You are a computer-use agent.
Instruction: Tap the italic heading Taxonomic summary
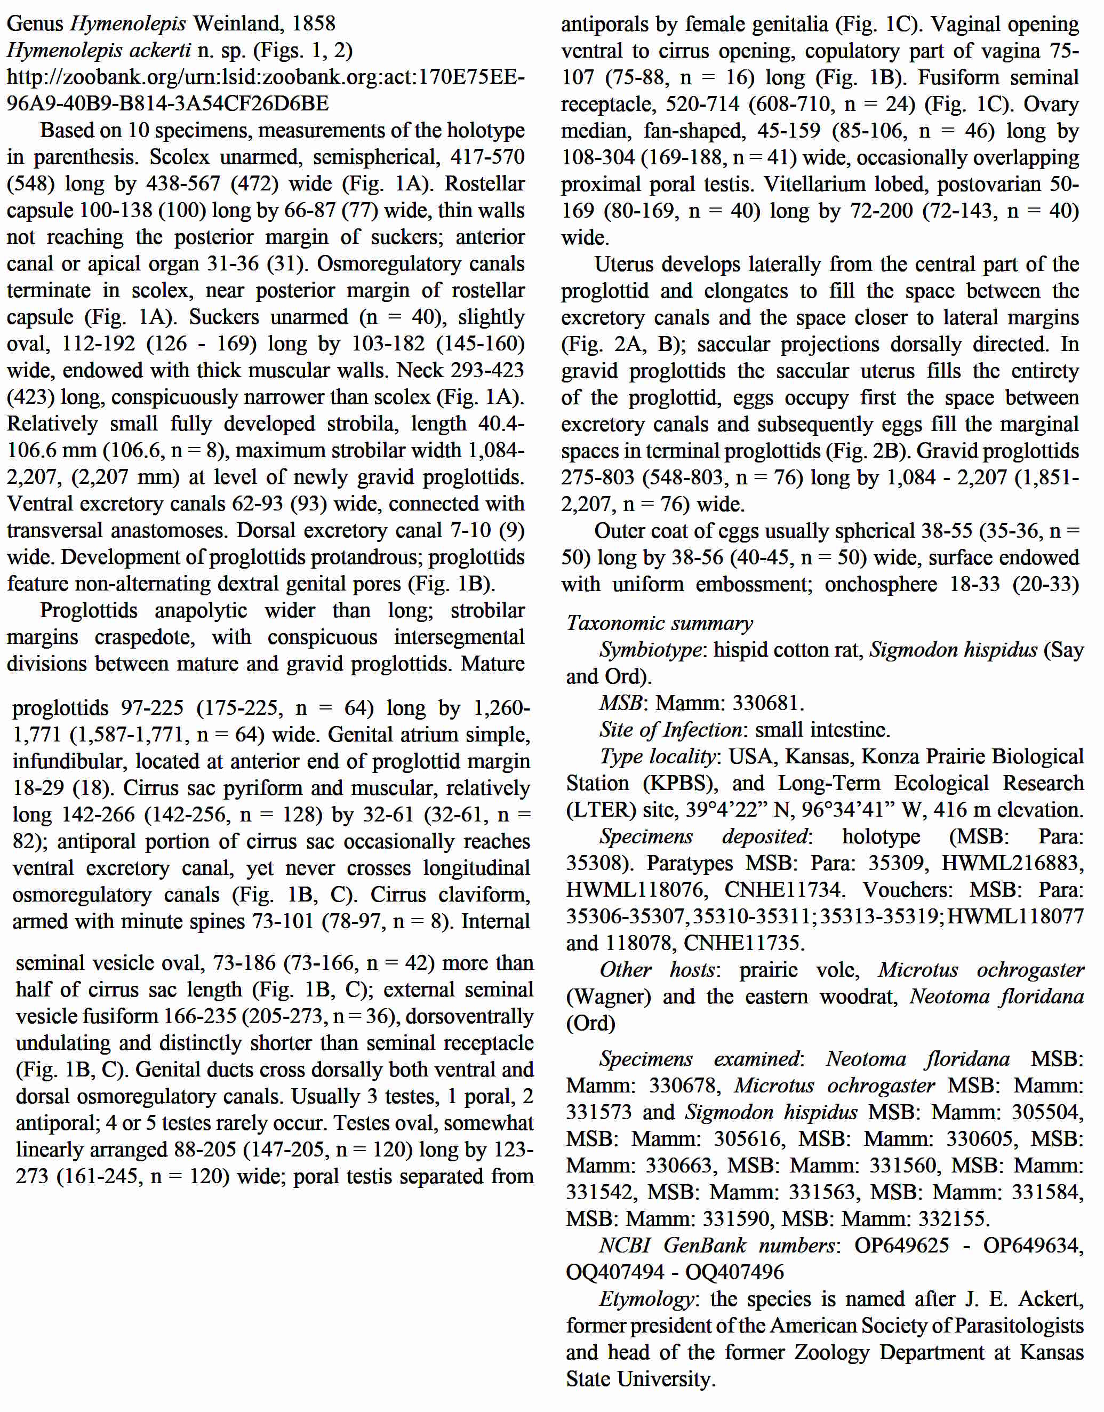[659, 623]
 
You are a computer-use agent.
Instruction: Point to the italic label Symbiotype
[650, 649]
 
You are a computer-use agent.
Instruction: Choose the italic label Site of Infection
[670, 729]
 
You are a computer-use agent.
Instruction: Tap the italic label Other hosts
[658, 969]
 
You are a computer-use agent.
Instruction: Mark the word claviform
[484, 894]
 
